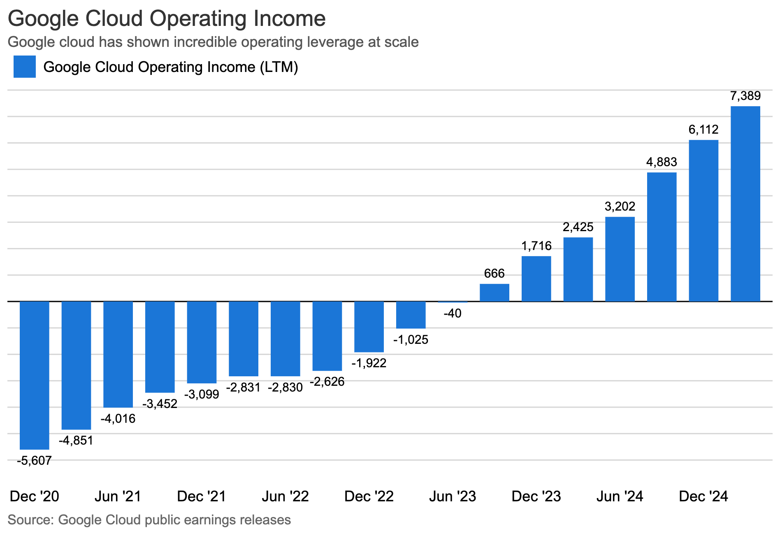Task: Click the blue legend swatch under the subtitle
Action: coord(25,67)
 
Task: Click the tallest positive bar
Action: coord(745,204)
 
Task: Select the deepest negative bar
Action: coord(35,375)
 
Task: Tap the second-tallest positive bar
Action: coord(703,220)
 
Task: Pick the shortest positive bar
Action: coord(494,292)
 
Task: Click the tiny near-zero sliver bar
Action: coord(453,302)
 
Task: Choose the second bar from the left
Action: coord(76,366)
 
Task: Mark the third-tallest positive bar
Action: coord(662,237)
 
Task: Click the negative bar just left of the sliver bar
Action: coord(411,315)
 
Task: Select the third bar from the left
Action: coord(118,355)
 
